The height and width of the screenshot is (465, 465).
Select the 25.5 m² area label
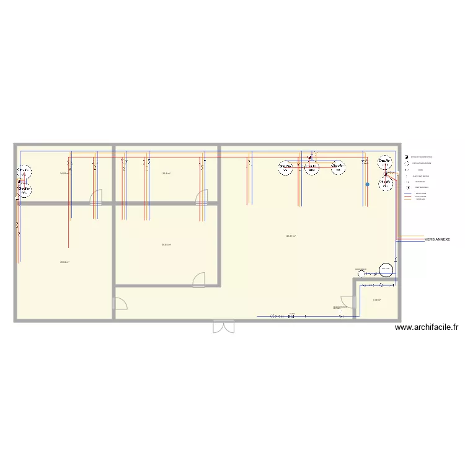pos(166,173)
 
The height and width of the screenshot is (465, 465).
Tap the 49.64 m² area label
pos(64,262)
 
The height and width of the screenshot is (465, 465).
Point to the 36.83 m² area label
pos(166,245)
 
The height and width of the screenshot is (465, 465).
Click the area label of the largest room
pos(290,236)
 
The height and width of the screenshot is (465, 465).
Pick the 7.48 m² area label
pos(376,301)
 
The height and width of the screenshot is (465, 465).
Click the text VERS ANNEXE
pos(437,239)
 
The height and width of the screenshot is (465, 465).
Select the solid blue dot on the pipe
pos(367,184)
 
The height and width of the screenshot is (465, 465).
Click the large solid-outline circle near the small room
pos(385,269)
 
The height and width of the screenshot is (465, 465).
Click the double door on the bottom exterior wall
pos(224,326)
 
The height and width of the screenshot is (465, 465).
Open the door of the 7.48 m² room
pos(347,302)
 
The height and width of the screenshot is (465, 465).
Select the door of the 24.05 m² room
pos(97,198)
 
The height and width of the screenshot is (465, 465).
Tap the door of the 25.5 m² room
pos(202,198)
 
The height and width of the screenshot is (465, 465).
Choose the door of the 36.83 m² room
pos(199,280)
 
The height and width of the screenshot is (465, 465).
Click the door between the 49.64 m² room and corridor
pos(120,303)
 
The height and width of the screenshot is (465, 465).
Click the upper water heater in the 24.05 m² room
pos(24,171)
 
